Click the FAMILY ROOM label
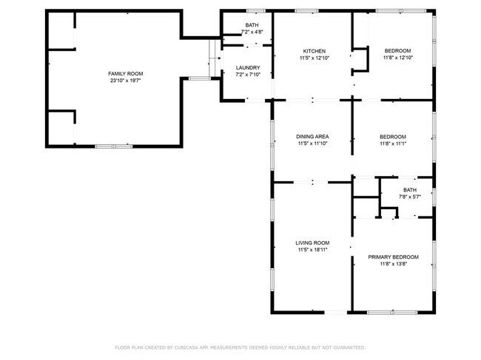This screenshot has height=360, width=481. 125,74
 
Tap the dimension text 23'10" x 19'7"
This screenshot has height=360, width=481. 125,81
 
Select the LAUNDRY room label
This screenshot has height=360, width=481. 248,67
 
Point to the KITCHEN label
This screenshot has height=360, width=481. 314,51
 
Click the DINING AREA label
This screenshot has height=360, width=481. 312,137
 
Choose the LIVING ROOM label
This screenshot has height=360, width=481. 312,243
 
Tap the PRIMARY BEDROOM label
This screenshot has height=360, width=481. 393,257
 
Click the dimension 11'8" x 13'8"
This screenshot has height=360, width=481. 393,264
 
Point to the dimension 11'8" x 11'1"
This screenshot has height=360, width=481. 393,143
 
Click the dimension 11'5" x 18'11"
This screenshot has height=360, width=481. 312,250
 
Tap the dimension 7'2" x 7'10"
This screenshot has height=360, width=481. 248,74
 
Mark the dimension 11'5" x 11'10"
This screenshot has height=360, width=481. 312,143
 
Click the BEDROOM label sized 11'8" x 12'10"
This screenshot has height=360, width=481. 397,51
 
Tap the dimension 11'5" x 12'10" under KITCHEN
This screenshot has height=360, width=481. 314,58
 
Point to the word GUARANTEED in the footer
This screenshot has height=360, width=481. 347,347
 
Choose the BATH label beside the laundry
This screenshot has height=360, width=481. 252,26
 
